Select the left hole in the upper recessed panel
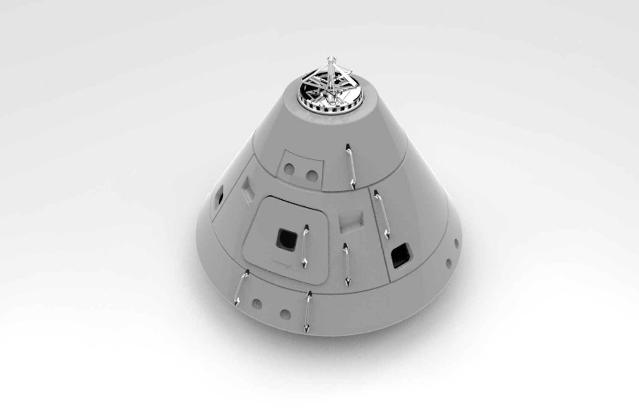click(x=289, y=169)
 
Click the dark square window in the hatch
click(x=287, y=239)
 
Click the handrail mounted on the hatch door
click(x=306, y=246)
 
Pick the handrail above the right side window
click(x=381, y=214)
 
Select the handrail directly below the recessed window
click(x=347, y=265)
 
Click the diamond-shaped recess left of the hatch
click(x=247, y=188)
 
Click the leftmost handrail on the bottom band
click(x=242, y=288)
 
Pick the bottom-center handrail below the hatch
click(x=308, y=312)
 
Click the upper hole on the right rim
click(x=456, y=244)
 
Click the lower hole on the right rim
click(x=449, y=264)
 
